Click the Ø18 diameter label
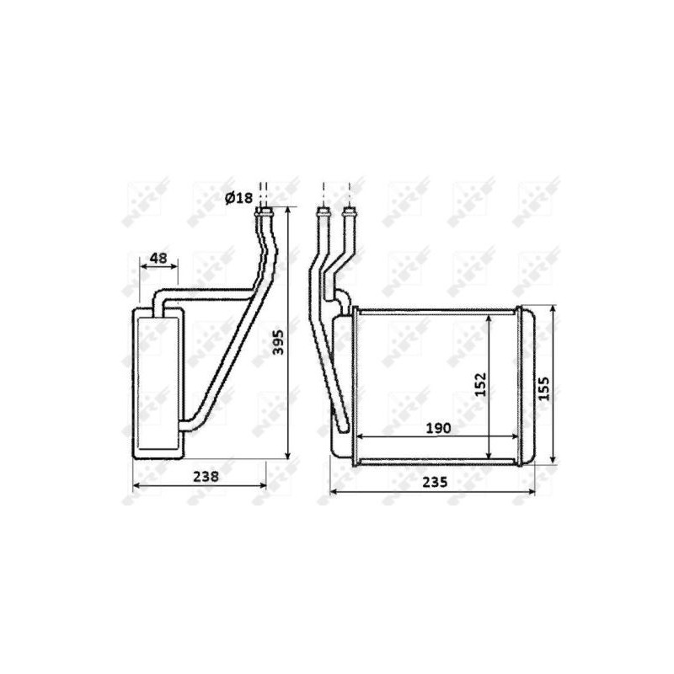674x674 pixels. [238, 198]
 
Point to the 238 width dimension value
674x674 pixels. [206, 476]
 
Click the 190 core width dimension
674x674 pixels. [438, 428]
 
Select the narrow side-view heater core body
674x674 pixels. [157, 383]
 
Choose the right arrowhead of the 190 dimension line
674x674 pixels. [515, 436]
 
